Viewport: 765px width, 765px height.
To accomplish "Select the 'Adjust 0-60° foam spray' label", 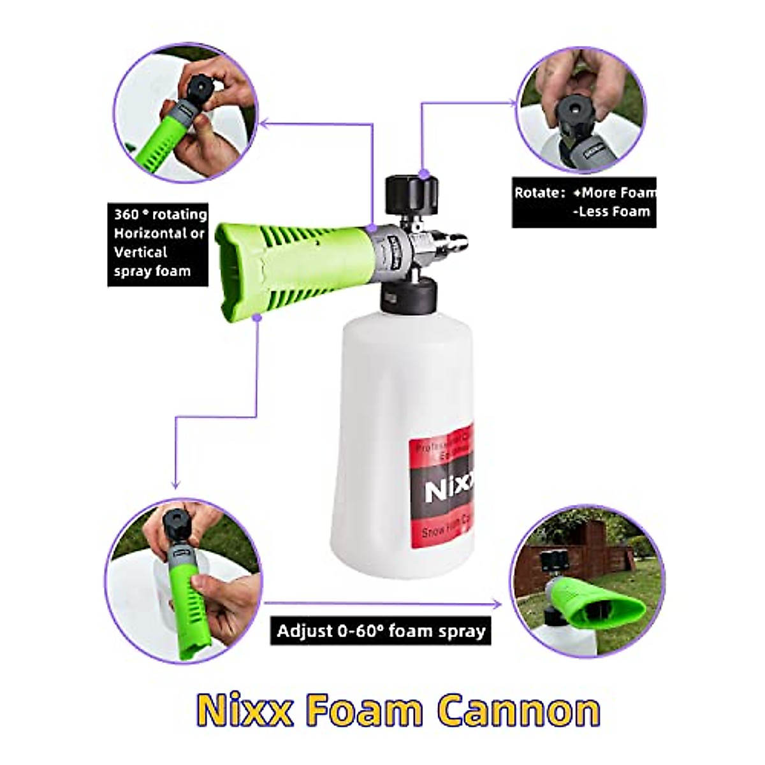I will pyautogui.click(x=381, y=631).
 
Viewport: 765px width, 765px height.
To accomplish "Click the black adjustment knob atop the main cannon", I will pyautogui.click(x=411, y=194).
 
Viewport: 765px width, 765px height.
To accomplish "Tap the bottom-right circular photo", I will pyautogui.click(x=587, y=580).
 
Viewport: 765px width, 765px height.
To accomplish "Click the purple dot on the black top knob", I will pyautogui.click(x=423, y=173).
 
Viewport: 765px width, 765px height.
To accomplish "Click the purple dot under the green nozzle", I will pyautogui.click(x=256, y=317).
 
